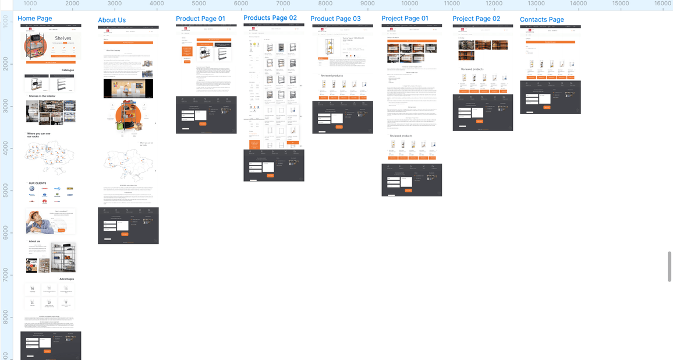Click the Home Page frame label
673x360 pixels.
[34, 19]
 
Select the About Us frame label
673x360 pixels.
[112, 20]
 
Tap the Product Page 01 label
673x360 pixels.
[200, 19]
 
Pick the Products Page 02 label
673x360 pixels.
[270, 18]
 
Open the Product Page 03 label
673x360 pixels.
[335, 19]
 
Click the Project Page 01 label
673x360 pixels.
[405, 19]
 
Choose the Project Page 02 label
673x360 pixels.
[476, 19]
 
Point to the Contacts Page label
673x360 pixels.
[541, 20]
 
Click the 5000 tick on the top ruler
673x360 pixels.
[199, 3]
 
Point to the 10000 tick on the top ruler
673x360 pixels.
[409, 3]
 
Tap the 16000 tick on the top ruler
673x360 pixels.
[663, 3]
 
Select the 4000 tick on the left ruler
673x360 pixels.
[5, 149]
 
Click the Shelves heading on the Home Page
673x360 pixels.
[63, 38]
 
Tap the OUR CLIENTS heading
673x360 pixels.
[37, 183]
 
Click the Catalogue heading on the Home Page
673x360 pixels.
[68, 70]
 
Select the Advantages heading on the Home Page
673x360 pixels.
[66, 279]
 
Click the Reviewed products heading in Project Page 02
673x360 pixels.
[472, 69]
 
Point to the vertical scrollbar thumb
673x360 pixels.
[670, 266]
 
